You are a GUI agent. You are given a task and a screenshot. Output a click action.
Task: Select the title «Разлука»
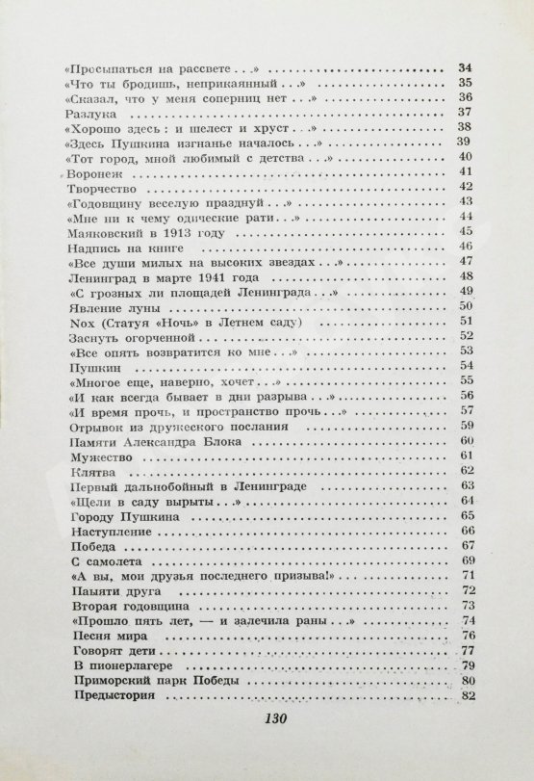click(x=89, y=114)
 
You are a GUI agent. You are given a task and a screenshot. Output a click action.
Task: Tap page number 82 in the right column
click(x=469, y=696)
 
